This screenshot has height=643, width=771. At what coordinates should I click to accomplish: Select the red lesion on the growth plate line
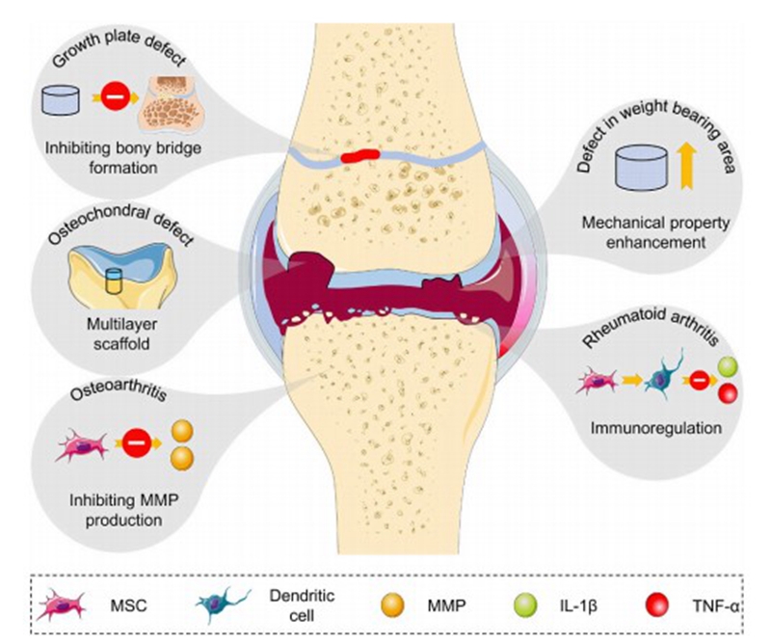click(360, 153)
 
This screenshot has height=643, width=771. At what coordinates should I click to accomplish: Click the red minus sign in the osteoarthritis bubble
click(136, 444)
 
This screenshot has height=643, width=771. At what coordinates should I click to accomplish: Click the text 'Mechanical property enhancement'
click(653, 235)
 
